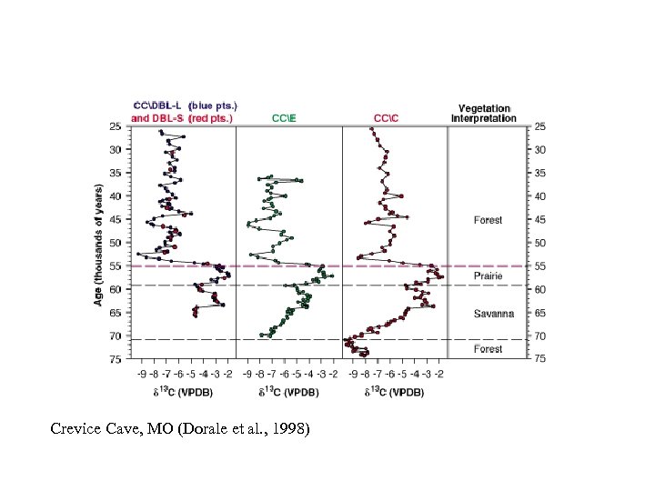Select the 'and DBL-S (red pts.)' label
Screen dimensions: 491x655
pos(183,117)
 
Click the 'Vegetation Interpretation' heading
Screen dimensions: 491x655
pos(483,112)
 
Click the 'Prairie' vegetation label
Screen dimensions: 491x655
pos(488,276)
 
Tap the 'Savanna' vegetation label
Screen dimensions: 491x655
pos(493,314)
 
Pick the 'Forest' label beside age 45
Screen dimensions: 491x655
pos(488,220)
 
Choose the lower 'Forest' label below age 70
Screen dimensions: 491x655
pos(488,349)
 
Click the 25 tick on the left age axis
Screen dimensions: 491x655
pos(116,125)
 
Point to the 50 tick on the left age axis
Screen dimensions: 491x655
pos(116,243)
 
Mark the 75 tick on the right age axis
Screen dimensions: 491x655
pos(539,359)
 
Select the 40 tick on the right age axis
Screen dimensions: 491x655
pos(539,196)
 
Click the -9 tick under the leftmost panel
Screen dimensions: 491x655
pos(141,373)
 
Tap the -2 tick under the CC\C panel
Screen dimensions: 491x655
pos(440,373)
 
